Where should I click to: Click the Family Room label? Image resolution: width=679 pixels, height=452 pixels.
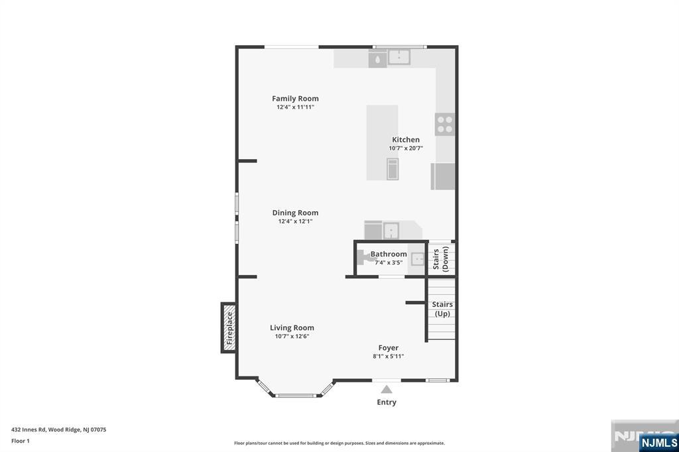pyautogui.click(x=295, y=99)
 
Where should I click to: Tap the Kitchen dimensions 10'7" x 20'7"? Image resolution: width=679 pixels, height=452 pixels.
pyautogui.click(x=406, y=148)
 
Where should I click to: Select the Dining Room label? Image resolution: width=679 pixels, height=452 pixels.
pyautogui.click(x=295, y=213)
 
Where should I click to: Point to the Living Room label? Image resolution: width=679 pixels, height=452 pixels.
pyautogui.click(x=292, y=327)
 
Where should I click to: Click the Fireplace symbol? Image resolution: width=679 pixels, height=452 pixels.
pyautogui.click(x=229, y=328)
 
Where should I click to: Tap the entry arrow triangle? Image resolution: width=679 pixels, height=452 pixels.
pyautogui.click(x=387, y=390)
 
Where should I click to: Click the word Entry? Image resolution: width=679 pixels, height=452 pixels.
pyautogui.click(x=387, y=402)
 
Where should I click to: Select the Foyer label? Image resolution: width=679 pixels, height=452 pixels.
pyautogui.click(x=389, y=347)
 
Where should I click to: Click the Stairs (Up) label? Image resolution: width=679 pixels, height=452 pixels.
pyautogui.click(x=442, y=309)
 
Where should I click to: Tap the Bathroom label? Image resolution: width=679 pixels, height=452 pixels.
pyautogui.click(x=389, y=254)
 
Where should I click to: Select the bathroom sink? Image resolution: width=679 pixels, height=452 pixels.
pyautogui.click(x=418, y=259)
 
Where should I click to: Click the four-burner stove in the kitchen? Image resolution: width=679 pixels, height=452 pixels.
pyautogui.click(x=445, y=124)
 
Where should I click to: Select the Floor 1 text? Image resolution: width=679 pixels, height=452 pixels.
pyautogui.click(x=21, y=441)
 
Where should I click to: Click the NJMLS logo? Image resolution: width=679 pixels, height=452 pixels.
pyautogui.click(x=658, y=443)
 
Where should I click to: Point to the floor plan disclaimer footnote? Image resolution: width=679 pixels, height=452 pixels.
pyautogui.click(x=339, y=443)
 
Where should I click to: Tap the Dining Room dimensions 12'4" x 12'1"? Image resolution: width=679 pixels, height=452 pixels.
pyautogui.click(x=295, y=221)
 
